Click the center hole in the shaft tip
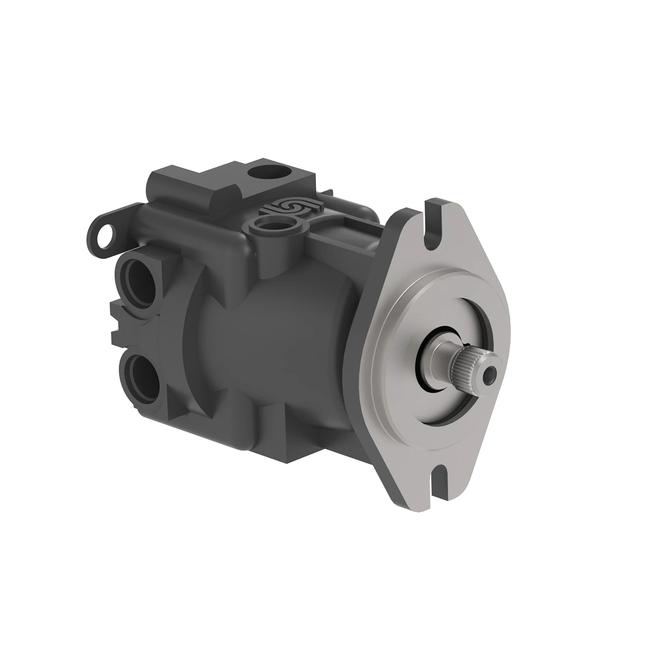tap(489, 376)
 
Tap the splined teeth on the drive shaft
tap(463, 368)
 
